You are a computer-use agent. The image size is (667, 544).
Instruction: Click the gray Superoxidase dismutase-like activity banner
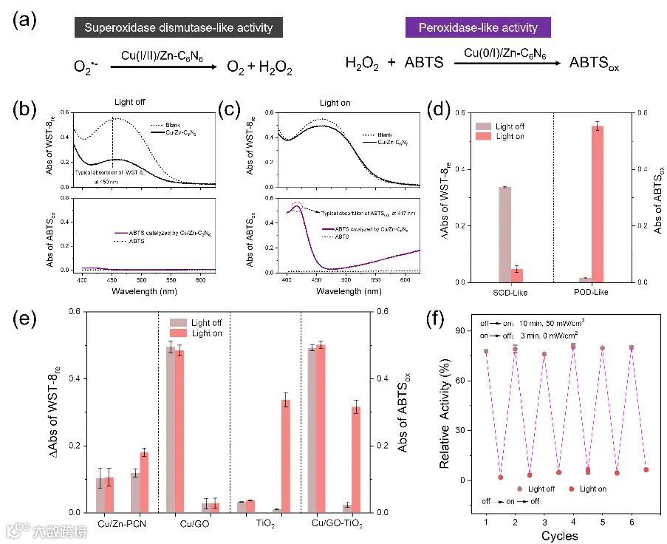pyautogui.click(x=178, y=29)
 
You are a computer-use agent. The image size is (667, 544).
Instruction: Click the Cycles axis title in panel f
pyautogui.click(x=559, y=535)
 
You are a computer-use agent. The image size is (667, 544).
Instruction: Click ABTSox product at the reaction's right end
pyautogui.click(x=593, y=64)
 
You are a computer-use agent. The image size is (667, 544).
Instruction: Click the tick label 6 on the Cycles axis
pyautogui.click(x=632, y=522)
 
